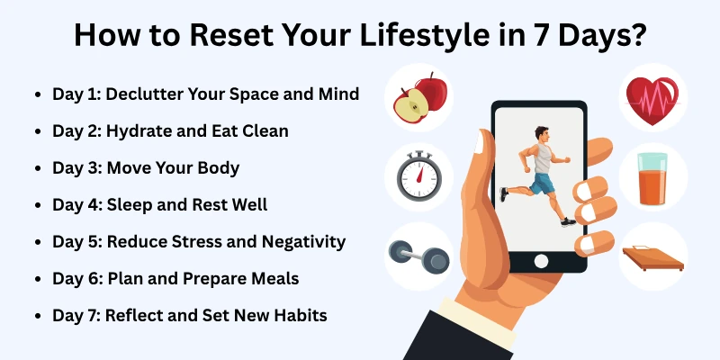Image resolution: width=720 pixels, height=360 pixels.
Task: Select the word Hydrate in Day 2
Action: (136, 130)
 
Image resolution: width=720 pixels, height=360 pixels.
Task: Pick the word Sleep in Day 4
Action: (129, 204)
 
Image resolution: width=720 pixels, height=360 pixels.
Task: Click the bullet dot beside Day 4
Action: (36, 205)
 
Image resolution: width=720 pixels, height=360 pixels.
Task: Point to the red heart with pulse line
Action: (652, 97)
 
